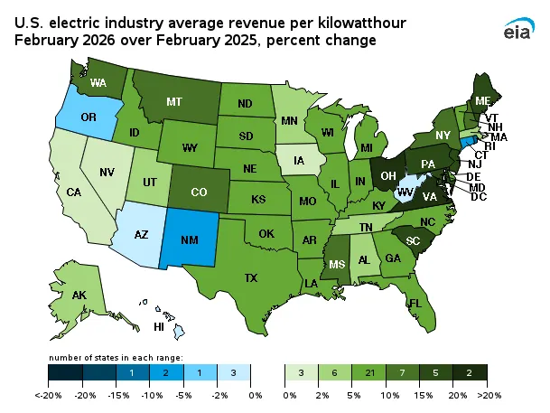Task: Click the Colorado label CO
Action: tap(197, 192)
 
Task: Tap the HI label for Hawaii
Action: tap(159, 326)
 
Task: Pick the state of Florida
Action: tap(415, 303)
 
